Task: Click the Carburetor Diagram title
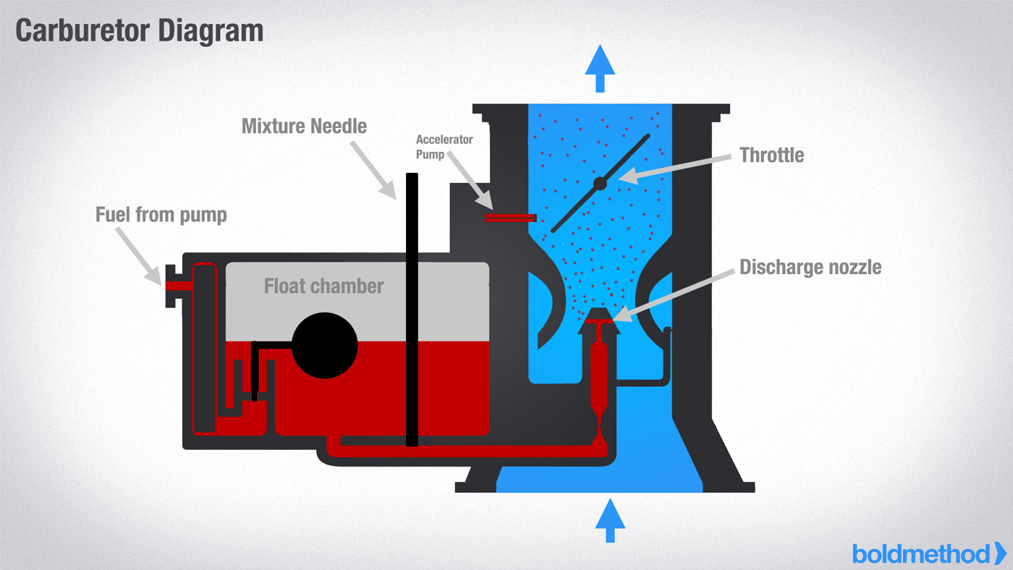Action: tap(139, 31)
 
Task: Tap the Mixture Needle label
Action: tap(304, 127)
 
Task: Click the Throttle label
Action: tap(771, 155)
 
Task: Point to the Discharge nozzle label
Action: tap(810, 267)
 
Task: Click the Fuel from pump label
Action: tap(161, 215)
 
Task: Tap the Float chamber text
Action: tap(323, 286)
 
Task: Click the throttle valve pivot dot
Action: tap(600, 184)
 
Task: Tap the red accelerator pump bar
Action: tap(509, 218)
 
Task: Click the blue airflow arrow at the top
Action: tap(599, 67)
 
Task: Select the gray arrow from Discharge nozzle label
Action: tap(669, 292)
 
